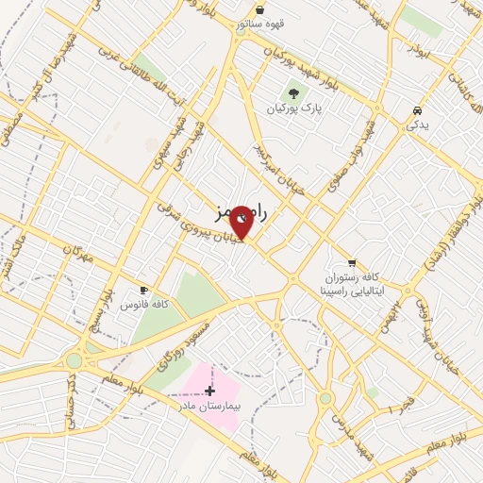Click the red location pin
tap(241, 221)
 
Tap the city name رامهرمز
tap(237, 214)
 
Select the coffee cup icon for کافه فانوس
tap(144, 291)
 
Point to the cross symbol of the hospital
tap(209, 390)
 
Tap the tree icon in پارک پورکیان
tap(292, 94)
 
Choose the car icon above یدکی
tap(416, 110)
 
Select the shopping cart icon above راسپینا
tap(352, 262)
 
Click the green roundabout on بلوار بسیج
tap(75, 360)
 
